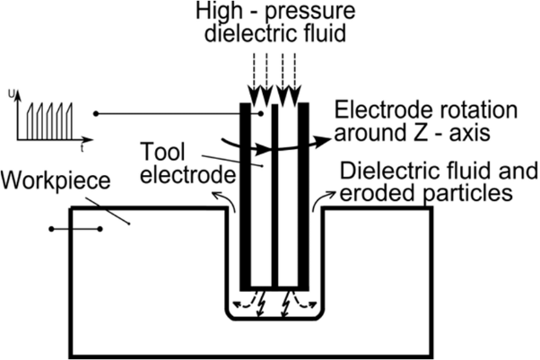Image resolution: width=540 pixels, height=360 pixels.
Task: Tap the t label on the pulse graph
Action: pyautogui.click(x=81, y=142)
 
